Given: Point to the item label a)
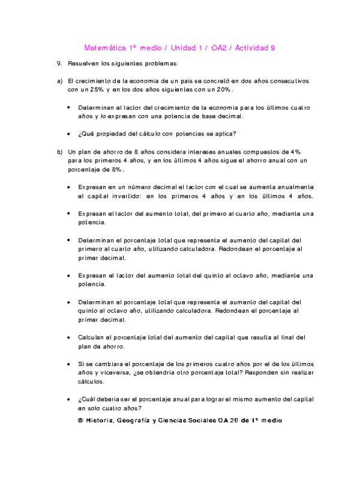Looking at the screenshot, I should point(59,80).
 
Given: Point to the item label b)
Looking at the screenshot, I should point(59,152).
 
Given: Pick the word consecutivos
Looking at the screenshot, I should point(287,80).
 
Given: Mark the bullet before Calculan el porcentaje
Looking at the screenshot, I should point(69,338).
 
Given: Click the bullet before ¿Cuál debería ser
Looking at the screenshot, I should point(69,399).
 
